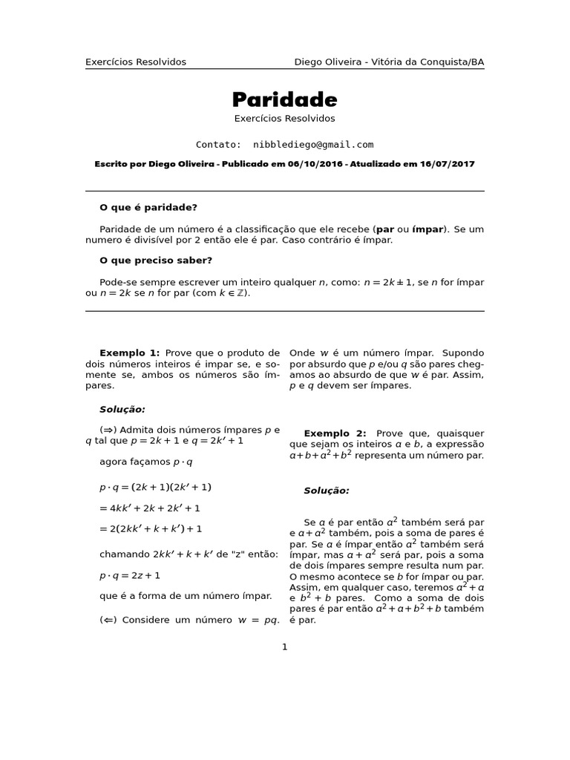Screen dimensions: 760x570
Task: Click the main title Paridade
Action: [x=284, y=99]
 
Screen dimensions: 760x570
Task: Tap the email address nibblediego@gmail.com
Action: [x=313, y=145]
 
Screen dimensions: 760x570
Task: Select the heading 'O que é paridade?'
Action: [x=148, y=208]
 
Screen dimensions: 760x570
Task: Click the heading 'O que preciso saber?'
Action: [x=156, y=261]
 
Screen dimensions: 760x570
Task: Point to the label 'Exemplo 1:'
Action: [x=129, y=353]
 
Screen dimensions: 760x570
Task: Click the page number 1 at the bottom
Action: [x=284, y=647]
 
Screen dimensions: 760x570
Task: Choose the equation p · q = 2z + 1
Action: [x=130, y=575]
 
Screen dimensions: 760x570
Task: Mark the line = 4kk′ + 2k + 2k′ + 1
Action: [x=150, y=508]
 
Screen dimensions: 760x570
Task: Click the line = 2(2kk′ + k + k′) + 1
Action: [x=151, y=529]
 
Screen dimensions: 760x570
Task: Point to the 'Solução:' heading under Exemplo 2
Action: [x=327, y=491]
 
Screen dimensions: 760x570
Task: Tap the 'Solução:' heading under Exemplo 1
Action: [x=122, y=409]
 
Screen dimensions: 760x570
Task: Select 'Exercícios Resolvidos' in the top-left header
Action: [x=136, y=62]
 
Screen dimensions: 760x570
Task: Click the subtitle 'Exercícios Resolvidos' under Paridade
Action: [x=284, y=119]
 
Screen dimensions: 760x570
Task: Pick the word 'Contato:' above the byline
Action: [x=218, y=145]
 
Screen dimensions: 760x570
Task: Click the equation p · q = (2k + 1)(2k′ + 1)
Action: [x=156, y=488]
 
